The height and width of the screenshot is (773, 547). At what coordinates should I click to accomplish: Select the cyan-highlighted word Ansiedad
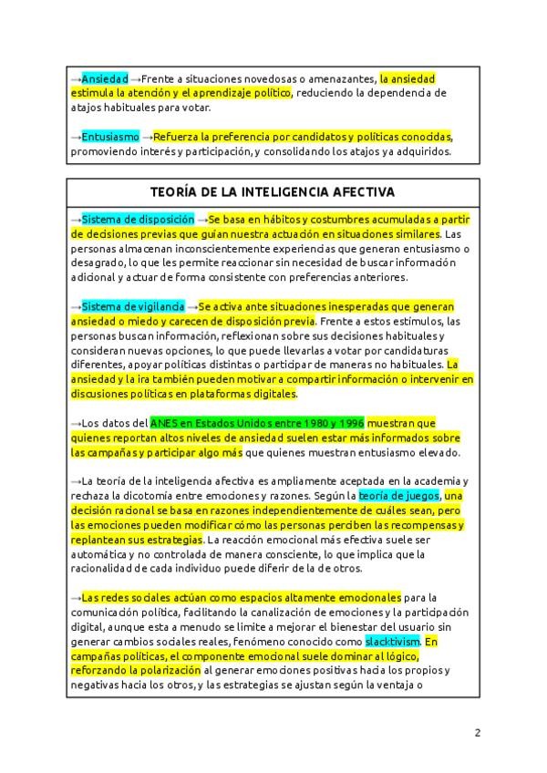tap(105, 79)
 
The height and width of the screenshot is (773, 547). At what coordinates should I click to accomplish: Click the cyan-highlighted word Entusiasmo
tap(110, 137)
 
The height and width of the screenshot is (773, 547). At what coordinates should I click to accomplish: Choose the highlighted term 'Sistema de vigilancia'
tap(133, 306)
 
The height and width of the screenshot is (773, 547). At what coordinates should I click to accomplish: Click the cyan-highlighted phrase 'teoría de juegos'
tap(398, 495)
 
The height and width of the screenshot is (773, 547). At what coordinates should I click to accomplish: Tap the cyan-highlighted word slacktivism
tap(393, 641)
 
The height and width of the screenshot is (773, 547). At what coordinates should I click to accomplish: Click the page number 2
tap(477, 732)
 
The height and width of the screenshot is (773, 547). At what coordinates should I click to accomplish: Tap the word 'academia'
tap(434, 480)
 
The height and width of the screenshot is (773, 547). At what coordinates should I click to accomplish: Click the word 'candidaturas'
tap(421, 350)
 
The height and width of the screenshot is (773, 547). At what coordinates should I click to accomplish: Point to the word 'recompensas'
tap(421, 524)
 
